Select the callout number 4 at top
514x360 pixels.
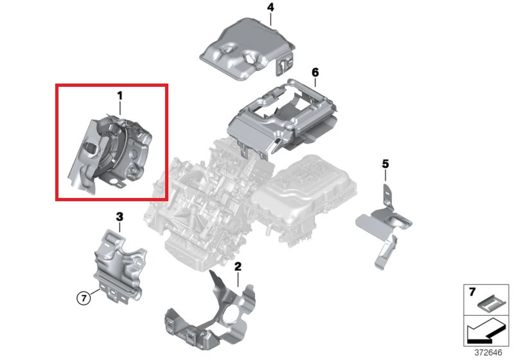pyautogui.click(x=270, y=8)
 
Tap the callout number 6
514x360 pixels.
pyautogui.click(x=315, y=72)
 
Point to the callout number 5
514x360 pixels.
pyautogui.click(x=385, y=163)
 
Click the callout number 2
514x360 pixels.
pyautogui.click(x=238, y=267)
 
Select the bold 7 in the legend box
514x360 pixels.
pyautogui.click(x=472, y=293)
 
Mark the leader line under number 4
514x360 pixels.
pyautogui.click(x=271, y=19)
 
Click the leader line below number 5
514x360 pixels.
pyautogui.click(x=385, y=175)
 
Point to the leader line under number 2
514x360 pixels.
pyautogui.click(x=238, y=279)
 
